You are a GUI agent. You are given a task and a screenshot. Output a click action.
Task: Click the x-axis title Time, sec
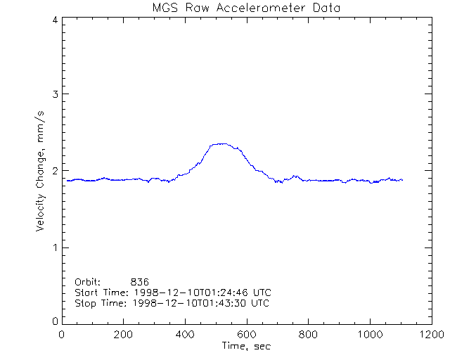(x=246, y=346)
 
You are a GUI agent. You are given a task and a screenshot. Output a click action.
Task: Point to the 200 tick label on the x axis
(x=123, y=334)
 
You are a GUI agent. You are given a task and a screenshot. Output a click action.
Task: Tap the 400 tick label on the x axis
(x=185, y=334)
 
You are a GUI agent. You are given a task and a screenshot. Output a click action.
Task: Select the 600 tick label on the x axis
(x=246, y=334)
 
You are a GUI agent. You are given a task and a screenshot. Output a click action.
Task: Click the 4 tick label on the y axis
(x=55, y=20)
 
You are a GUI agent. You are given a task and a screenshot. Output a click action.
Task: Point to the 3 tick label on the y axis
(x=55, y=95)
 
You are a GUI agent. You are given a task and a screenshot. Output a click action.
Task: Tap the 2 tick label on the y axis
(x=55, y=171)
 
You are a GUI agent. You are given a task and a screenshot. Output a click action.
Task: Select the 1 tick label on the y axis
(x=55, y=247)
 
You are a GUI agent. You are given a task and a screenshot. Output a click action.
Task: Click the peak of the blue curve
(x=222, y=143)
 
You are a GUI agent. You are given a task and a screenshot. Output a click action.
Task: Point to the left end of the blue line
(x=67, y=181)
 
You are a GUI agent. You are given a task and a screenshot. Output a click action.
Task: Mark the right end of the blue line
(x=402, y=180)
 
